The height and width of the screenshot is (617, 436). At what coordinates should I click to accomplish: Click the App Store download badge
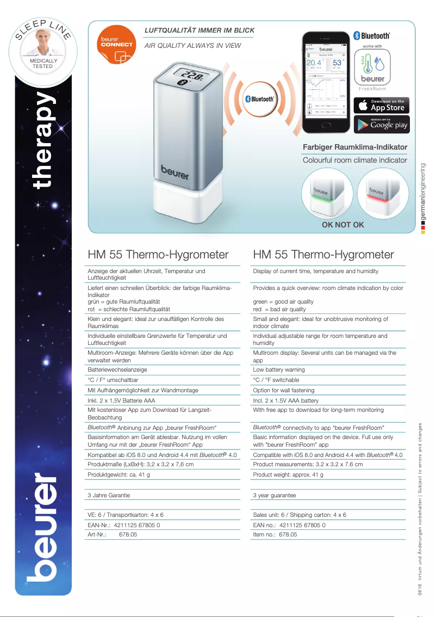coord(382,105)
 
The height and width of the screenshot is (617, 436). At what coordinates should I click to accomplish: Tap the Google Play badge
coord(382,125)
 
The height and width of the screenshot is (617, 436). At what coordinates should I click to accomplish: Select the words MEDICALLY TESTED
coord(43,64)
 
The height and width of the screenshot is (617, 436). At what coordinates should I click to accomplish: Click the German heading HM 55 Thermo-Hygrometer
coord(158,255)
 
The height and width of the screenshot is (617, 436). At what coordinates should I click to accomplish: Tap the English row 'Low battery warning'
coord(279,369)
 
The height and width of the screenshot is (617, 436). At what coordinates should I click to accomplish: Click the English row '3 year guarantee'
coord(275,496)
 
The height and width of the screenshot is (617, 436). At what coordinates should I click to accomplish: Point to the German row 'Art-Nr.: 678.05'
coord(113,535)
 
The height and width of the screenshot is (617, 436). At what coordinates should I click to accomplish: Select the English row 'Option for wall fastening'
coord(284,390)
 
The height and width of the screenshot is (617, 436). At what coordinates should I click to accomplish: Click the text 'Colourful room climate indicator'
coord(354,160)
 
